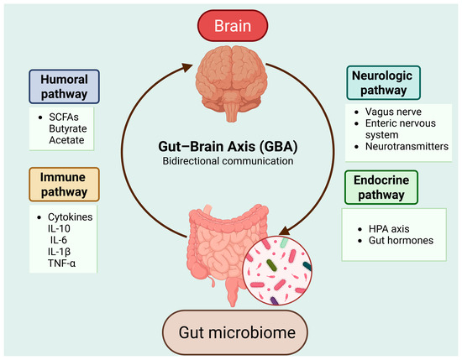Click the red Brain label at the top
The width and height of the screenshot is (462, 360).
[x=233, y=26]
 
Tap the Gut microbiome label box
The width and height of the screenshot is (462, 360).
[x=235, y=332]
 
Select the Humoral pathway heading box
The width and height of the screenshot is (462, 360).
[x=64, y=86]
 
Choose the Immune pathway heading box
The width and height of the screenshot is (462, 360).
[x=64, y=185]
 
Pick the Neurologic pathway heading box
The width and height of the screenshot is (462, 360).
[x=383, y=83]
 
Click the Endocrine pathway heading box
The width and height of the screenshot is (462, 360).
[x=381, y=187]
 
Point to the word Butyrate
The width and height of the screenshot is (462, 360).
[x=68, y=128]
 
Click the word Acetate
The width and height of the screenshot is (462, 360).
[x=66, y=140]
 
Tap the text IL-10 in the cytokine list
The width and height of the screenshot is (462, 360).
[x=59, y=228]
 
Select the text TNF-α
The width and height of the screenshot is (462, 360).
[x=61, y=263]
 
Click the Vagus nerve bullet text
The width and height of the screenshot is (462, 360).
[x=393, y=112]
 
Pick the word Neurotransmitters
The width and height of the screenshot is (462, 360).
[x=407, y=146]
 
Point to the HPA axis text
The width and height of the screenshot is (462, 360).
[x=389, y=229]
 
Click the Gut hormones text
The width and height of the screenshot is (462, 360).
[x=401, y=241]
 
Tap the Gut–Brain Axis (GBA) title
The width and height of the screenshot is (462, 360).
[x=228, y=146]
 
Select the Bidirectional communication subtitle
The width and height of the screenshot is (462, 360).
[x=228, y=161]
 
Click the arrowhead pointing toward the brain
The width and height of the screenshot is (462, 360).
[x=186, y=67]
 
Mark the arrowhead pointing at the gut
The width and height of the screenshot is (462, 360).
[x=284, y=231]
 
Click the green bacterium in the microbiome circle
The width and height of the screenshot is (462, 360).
[x=271, y=265]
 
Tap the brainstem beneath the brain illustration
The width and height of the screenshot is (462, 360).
[x=231, y=112]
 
